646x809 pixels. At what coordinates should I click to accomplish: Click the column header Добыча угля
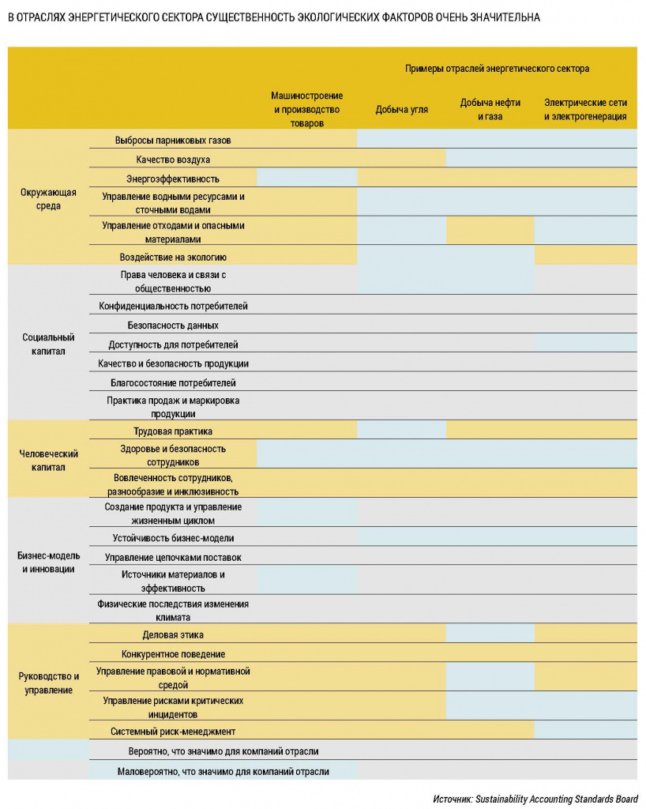click(401, 110)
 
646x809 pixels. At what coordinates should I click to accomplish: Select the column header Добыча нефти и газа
click(490, 110)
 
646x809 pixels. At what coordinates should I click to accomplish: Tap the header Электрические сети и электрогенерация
click(585, 110)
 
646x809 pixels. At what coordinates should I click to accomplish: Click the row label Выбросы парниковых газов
click(172, 140)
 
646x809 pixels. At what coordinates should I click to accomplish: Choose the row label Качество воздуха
click(172, 160)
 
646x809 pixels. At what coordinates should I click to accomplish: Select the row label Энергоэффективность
click(172, 179)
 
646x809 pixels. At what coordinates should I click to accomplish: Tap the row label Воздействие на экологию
click(173, 257)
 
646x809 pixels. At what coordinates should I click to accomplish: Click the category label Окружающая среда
click(48, 199)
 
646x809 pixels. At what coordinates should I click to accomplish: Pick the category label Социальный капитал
click(48, 344)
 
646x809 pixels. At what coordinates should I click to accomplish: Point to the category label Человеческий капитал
click(48, 460)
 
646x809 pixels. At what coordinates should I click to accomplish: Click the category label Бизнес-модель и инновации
click(48, 562)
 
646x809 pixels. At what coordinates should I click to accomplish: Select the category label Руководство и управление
click(48, 683)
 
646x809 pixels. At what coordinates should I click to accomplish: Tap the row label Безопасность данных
click(173, 325)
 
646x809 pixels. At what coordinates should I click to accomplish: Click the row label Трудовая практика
click(173, 431)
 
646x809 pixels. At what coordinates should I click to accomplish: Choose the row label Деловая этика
click(173, 634)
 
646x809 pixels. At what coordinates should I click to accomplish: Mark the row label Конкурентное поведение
click(173, 654)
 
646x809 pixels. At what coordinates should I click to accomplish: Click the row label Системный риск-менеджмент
click(173, 732)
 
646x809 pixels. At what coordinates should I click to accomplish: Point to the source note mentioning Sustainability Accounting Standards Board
click(535, 798)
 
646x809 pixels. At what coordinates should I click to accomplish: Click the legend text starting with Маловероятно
click(223, 770)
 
